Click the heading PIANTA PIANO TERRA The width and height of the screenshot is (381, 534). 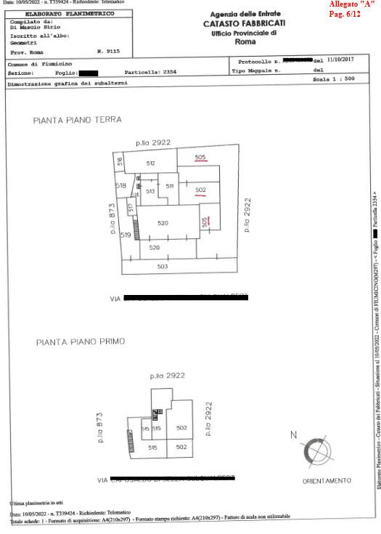click(78, 119)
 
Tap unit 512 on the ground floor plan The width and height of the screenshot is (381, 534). click(150, 163)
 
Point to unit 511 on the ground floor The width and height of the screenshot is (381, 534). click(170, 186)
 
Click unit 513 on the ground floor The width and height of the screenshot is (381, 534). click(150, 191)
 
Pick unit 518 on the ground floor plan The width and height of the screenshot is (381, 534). click(121, 186)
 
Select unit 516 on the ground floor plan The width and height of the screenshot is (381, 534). click(120, 162)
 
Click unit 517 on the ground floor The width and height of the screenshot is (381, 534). click(131, 208)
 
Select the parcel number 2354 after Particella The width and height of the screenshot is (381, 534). click(168, 73)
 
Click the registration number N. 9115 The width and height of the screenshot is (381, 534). click(108, 52)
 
